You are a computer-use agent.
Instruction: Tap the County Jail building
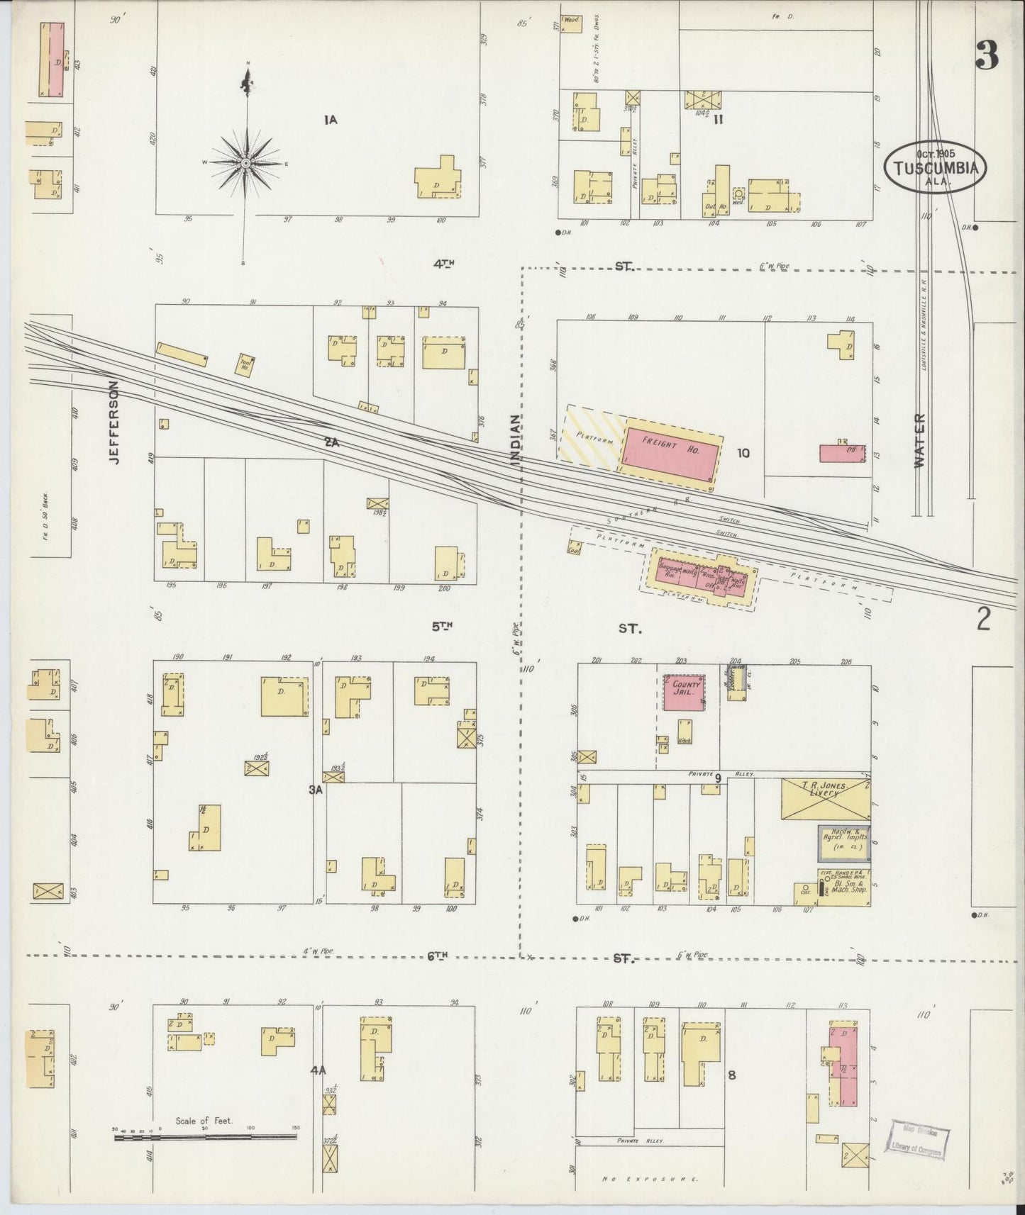pos(684,693)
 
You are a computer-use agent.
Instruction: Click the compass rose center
pos(245,164)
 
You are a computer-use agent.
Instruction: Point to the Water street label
pos(921,440)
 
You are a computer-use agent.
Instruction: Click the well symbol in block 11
pos(738,193)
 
